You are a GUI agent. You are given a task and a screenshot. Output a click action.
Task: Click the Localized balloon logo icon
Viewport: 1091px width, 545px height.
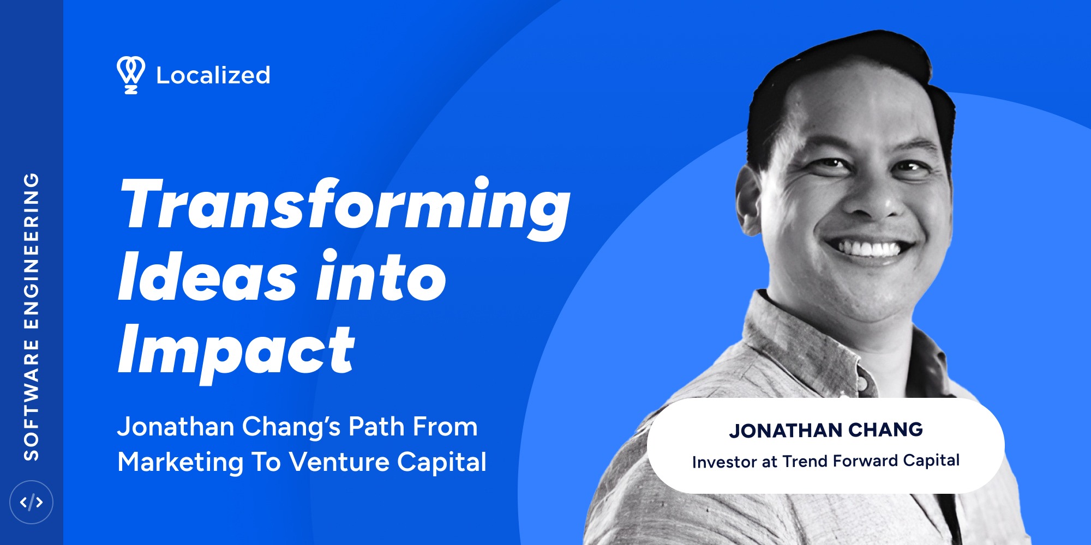[x=130, y=74]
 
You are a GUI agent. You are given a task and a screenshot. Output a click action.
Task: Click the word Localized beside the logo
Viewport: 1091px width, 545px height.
[x=213, y=75]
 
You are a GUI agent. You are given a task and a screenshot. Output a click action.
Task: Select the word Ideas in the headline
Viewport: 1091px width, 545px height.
[x=207, y=277]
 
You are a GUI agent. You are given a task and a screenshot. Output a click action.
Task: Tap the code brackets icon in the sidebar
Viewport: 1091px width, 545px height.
[x=31, y=502]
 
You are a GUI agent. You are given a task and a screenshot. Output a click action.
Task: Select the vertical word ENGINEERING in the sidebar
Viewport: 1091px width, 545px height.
[x=31, y=251]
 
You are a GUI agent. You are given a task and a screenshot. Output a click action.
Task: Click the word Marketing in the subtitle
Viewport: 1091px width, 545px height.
[x=180, y=462]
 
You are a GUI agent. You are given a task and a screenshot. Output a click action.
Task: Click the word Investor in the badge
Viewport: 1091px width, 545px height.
[x=723, y=462]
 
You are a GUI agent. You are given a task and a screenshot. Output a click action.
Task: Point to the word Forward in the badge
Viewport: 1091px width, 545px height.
[x=865, y=461]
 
